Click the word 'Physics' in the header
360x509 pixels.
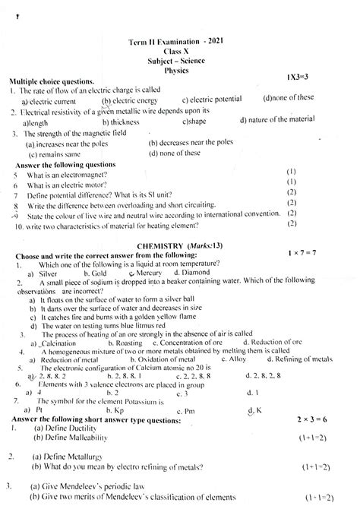click(x=180, y=70)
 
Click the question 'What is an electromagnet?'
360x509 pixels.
click(x=70, y=173)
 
